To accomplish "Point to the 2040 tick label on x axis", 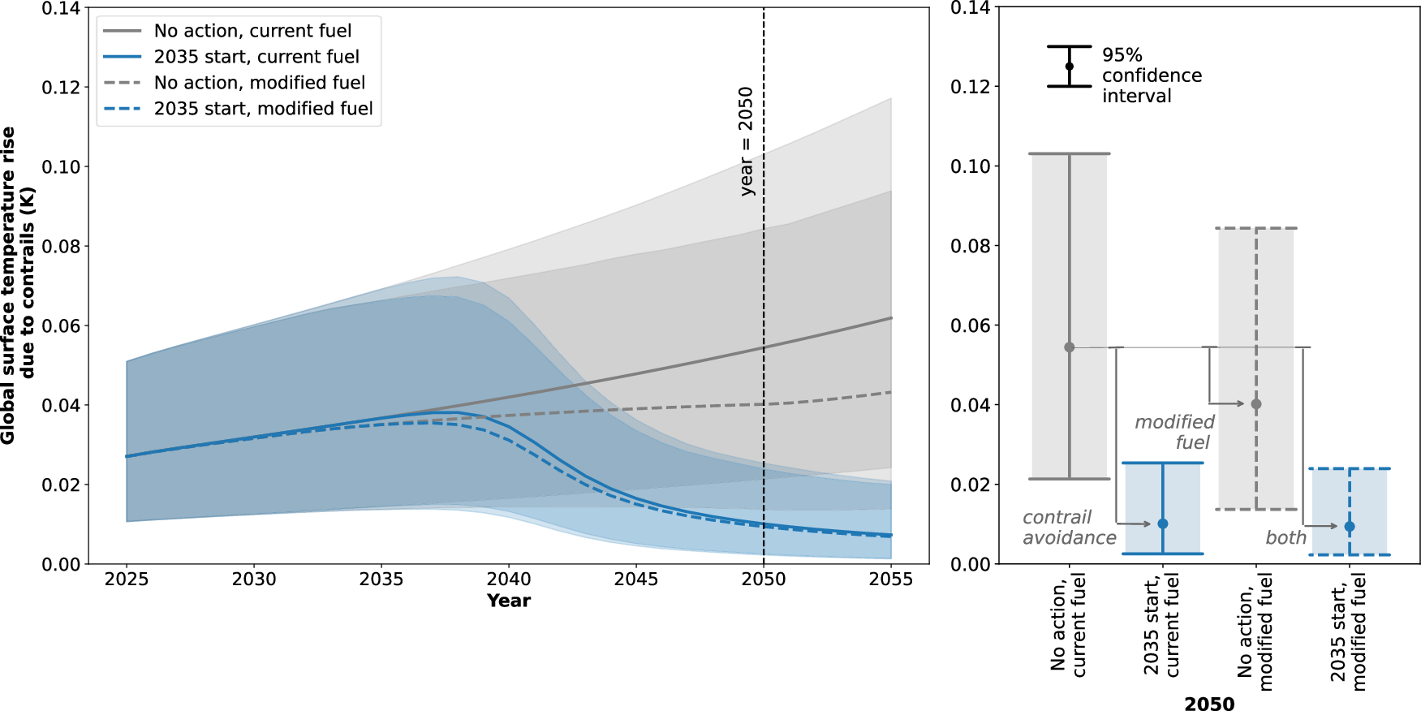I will (x=509, y=580).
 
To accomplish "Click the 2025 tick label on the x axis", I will (x=127, y=580).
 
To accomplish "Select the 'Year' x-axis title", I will (x=509, y=601).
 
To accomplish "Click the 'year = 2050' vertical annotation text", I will (x=747, y=141).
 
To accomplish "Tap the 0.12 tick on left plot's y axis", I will (x=61, y=87).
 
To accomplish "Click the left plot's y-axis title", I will (x=18, y=285).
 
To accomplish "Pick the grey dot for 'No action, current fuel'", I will (x=1070, y=347).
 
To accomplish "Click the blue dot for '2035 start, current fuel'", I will (x=1163, y=524).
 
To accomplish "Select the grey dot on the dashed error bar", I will (x=1256, y=404).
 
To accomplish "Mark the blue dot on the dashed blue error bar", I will (x=1350, y=527).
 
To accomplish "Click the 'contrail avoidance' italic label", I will (x=1069, y=528).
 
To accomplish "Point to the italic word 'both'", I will (x=1285, y=537).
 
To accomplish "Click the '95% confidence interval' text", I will (x=1151, y=75).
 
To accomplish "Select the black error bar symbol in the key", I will (x=1070, y=67).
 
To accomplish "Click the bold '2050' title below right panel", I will (x=1209, y=703).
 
